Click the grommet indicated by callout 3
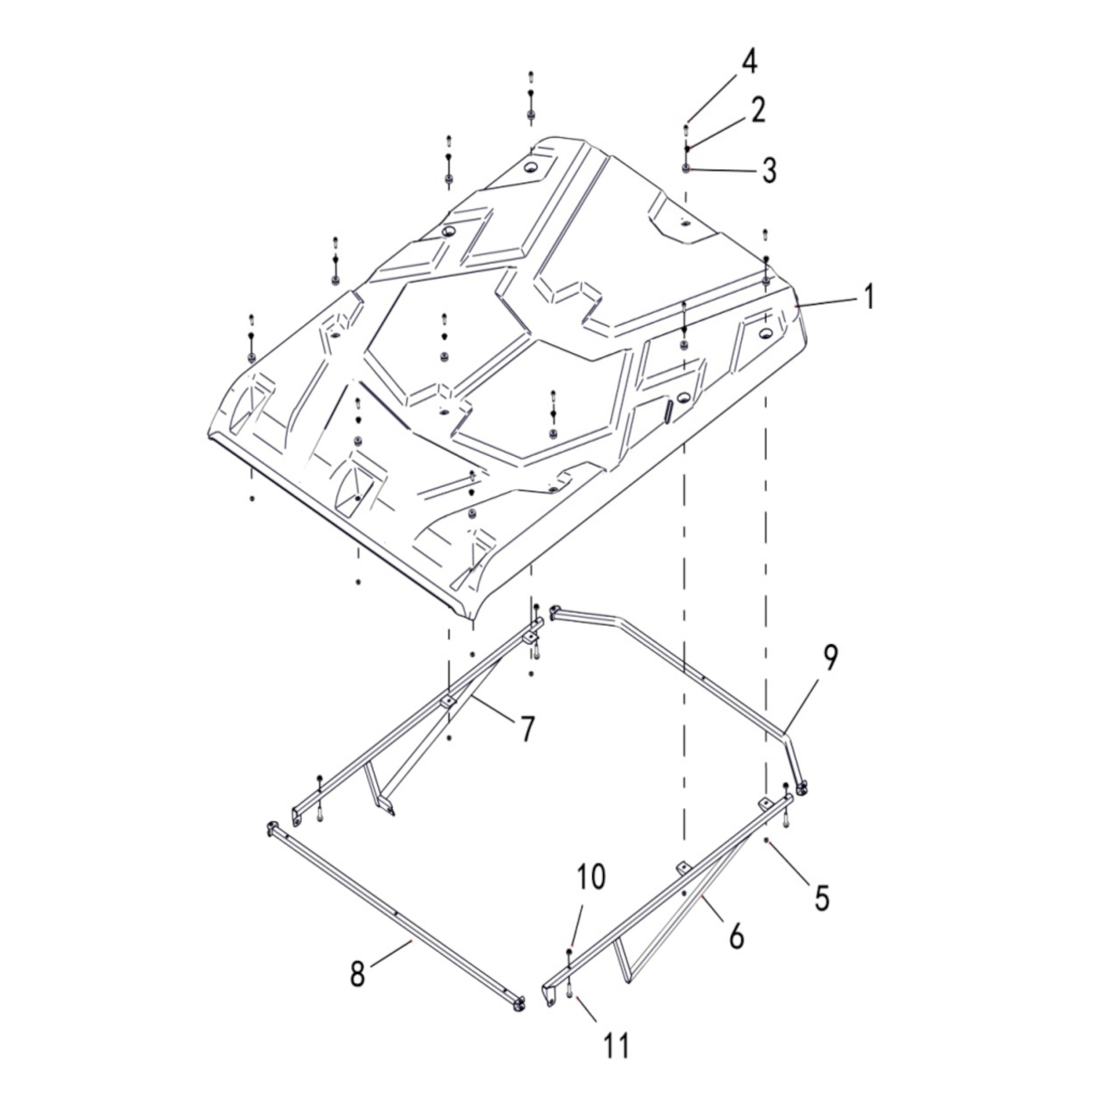pos(686,168)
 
